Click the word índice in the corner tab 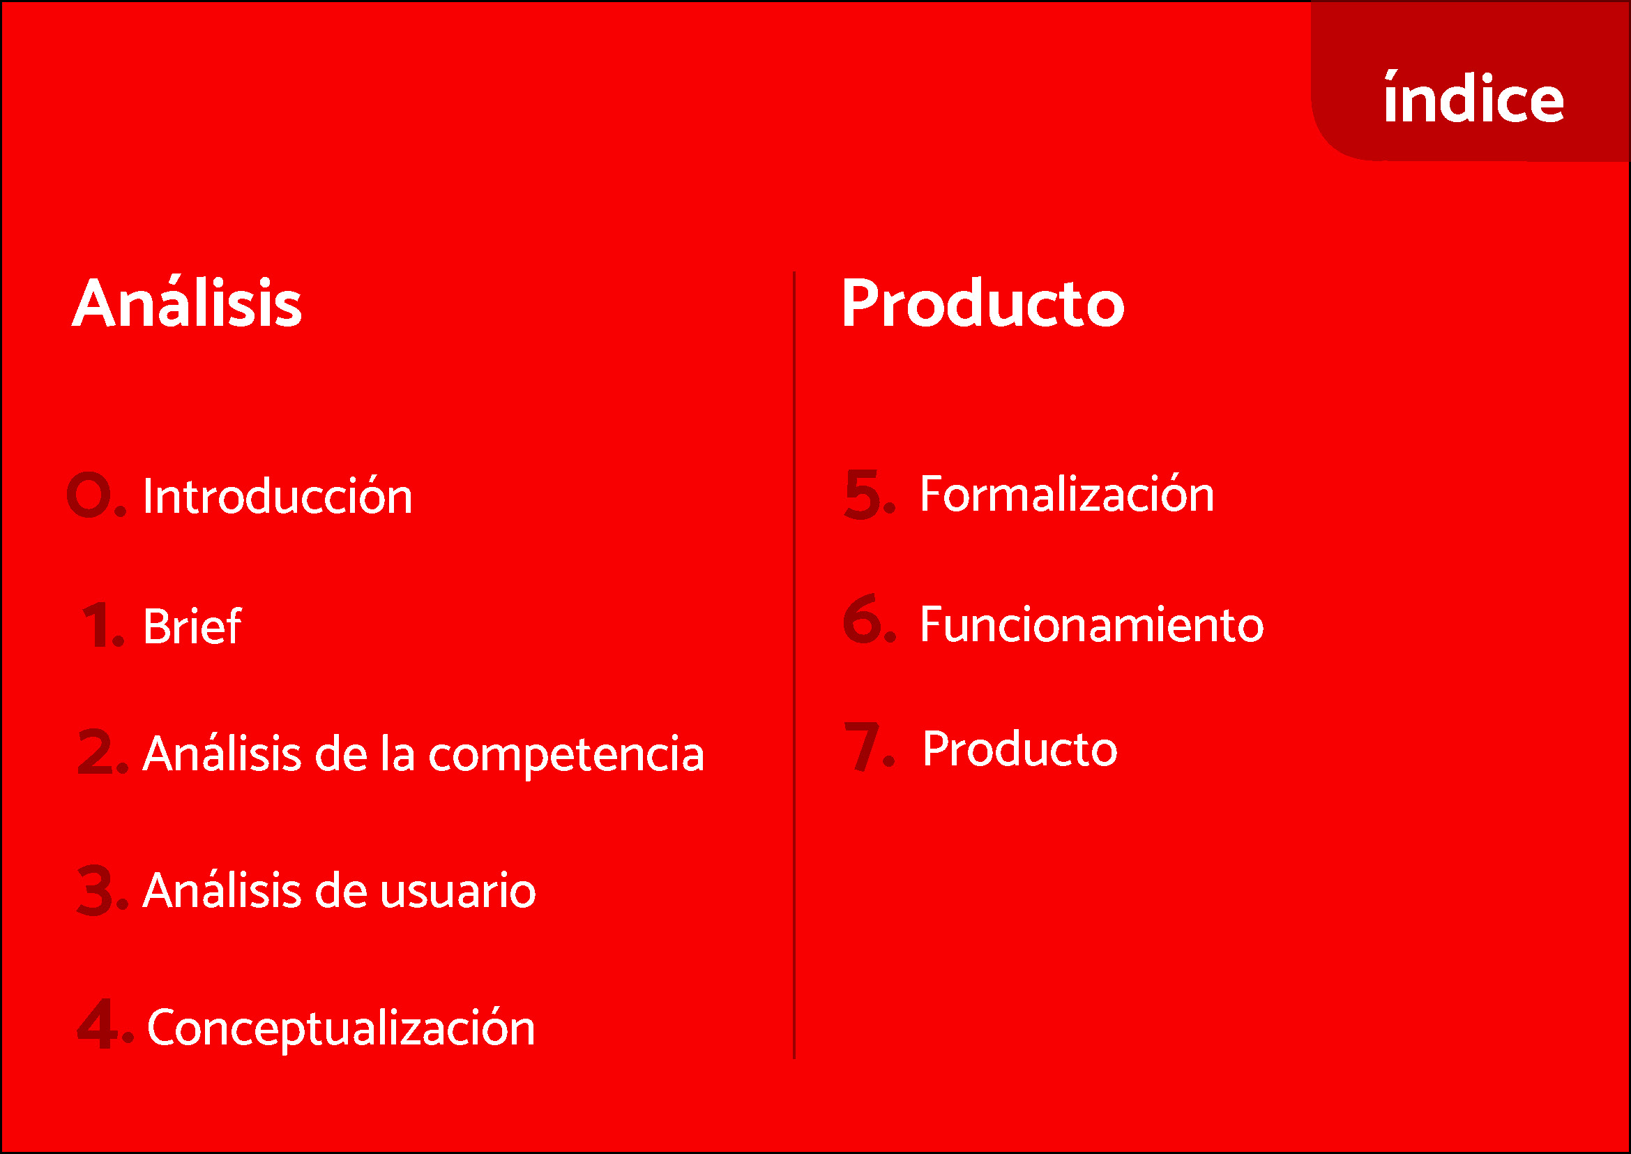(x=1473, y=97)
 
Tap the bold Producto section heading (x=983, y=304)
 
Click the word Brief (x=192, y=625)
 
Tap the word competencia (x=566, y=756)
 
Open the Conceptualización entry (x=341, y=1029)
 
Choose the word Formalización (x=1067, y=494)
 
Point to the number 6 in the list (x=863, y=618)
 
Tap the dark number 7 (x=862, y=746)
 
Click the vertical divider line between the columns (x=794, y=664)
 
